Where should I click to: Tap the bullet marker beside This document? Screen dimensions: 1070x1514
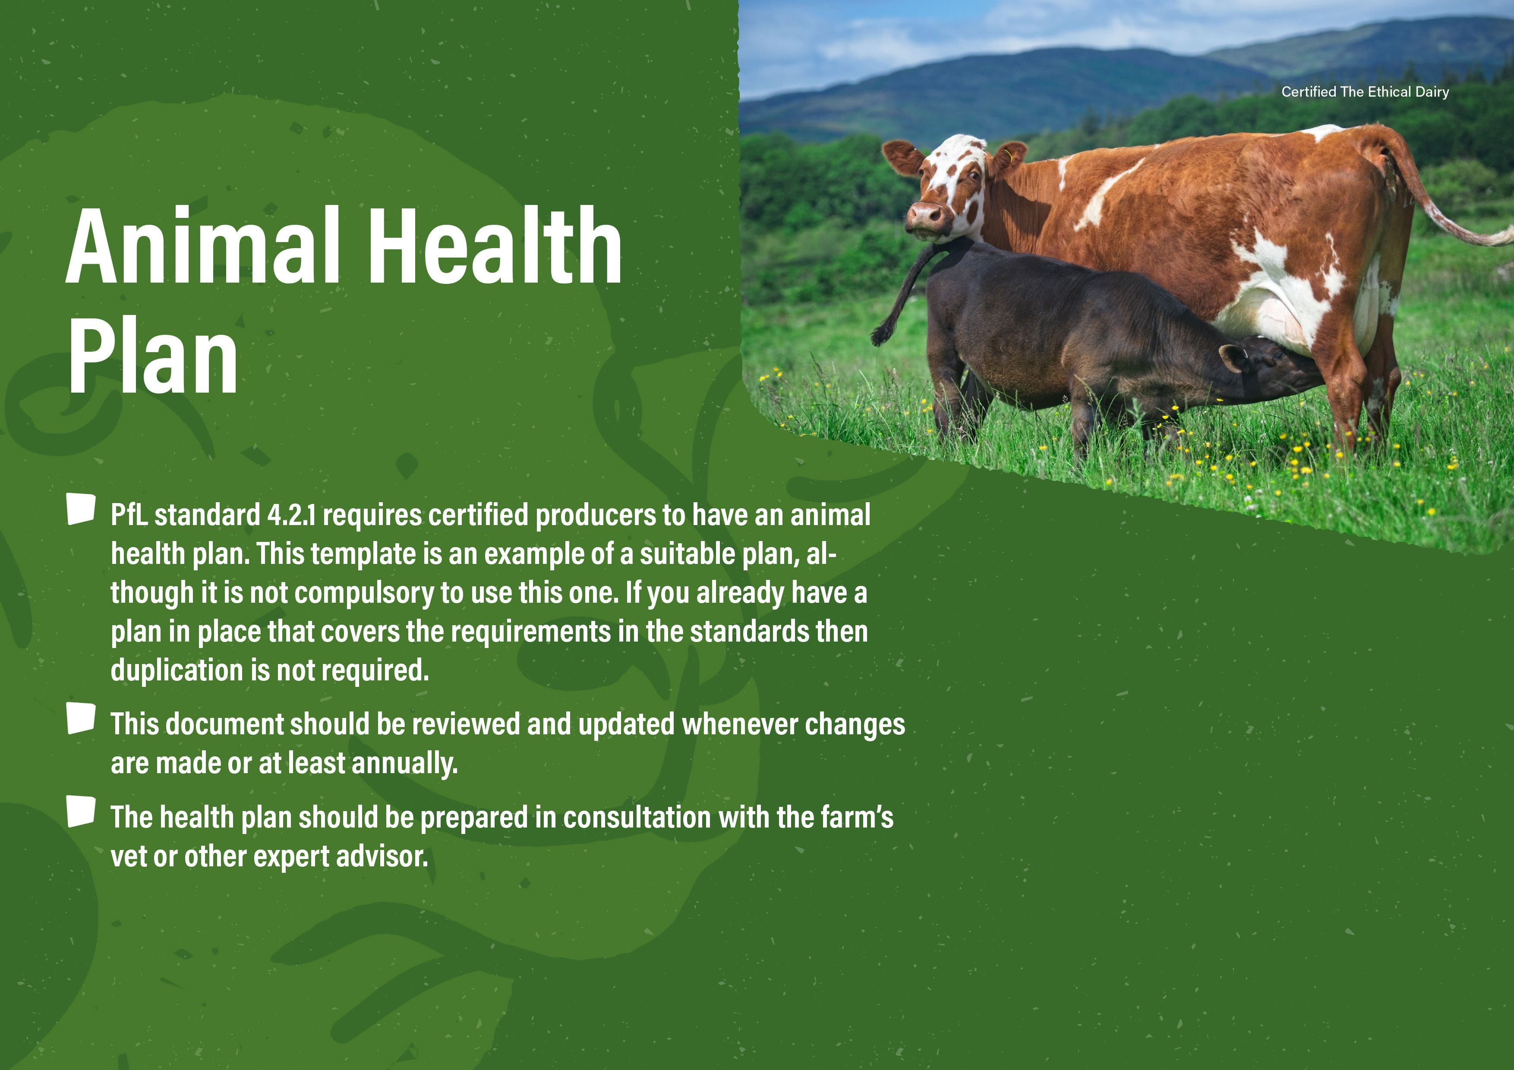click(x=81, y=719)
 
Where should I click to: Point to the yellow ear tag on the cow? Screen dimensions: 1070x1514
click(x=1008, y=156)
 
